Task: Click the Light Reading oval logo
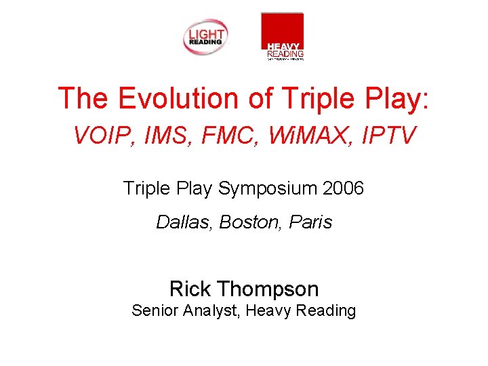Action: [x=205, y=37]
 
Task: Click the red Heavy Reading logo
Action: [x=282, y=36]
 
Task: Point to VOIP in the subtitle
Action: [x=100, y=137]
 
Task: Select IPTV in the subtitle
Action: [x=387, y=137]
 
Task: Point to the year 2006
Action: [x=344, y=188]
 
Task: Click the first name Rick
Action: [x=190, y=289]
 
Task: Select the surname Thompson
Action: [x=268, y=289]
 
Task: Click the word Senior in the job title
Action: [x=152, y=311]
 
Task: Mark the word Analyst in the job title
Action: [x=211, y=311]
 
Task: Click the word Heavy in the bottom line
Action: [x=269, y=311]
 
